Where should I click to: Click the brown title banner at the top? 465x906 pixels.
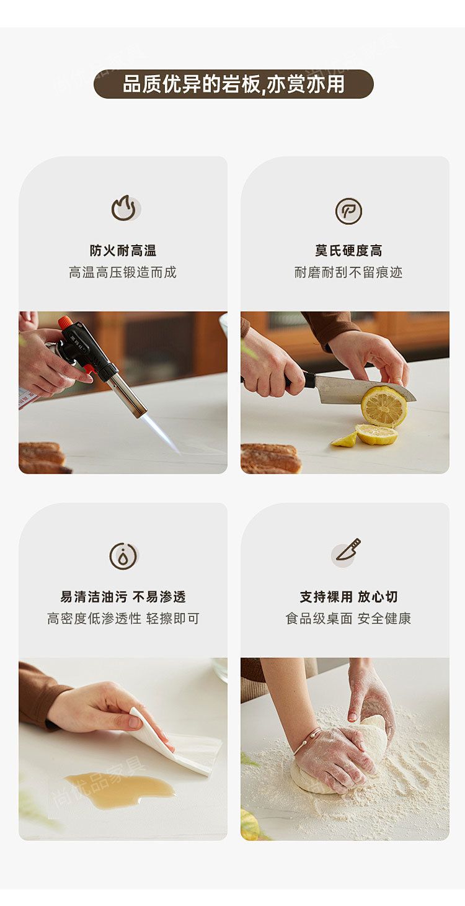tap(233, 84)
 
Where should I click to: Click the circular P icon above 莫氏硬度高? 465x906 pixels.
tap(348, 211)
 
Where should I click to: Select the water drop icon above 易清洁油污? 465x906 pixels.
tap(123, 556)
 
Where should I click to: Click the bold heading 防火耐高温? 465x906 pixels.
tap(123, 251)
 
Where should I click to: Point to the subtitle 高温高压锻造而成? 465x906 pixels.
tap(122, 272)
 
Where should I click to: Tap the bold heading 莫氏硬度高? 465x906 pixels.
tap(348, 251)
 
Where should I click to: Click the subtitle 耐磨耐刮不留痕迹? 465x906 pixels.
tap(348, 272)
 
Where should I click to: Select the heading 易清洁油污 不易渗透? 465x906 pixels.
tap(123, 597)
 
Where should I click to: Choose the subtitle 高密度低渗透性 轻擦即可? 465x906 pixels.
tap(123, 619)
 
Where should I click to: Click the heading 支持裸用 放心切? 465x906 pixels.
tap(348, 597)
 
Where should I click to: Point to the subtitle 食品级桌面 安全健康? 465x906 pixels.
tap(348, 619)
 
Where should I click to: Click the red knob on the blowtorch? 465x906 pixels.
tap(66, 322)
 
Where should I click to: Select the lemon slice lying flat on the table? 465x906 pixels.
tap(376, 434)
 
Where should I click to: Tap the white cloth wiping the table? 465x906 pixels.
tap(178, 741)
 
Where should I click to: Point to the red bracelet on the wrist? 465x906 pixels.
tap(306, 740)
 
